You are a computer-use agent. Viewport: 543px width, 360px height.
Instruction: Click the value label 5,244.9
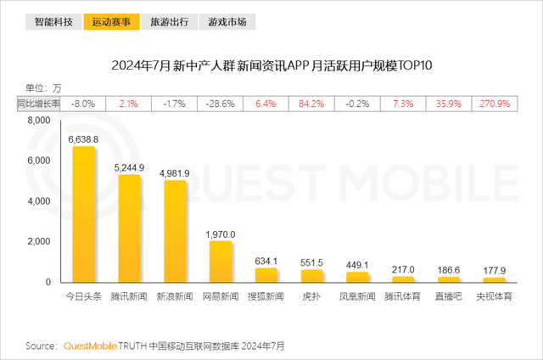coord(129,166)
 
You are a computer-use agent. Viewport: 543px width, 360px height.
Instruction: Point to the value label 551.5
coord(312,263)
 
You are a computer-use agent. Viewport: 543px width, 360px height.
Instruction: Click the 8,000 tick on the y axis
coord(40,121)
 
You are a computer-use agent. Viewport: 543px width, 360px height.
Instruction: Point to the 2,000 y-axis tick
coord(40,242)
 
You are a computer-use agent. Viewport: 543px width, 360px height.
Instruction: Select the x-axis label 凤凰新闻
coord(357,298)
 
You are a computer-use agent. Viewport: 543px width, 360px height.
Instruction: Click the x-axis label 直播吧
coord(449,298)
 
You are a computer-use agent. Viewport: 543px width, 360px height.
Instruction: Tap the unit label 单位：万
coord(43,87)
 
